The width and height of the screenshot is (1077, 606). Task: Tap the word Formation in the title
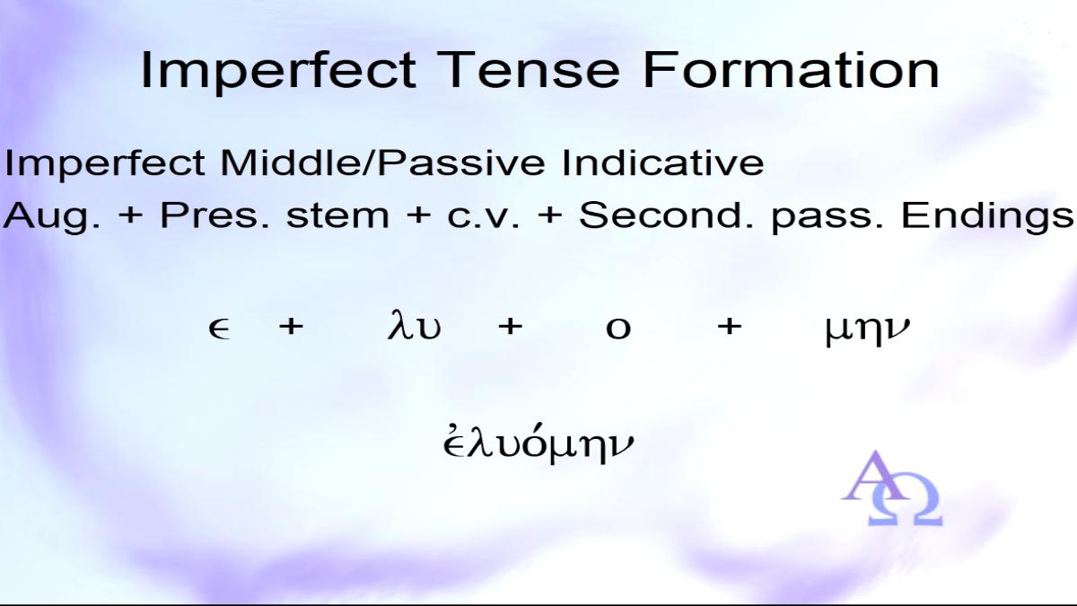pyautogui.click(x=791, y=70)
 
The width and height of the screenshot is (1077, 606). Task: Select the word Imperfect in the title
pyautogui.click(x=278, y=73)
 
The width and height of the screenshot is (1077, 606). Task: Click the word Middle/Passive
pyautogui.click(x=382, y=163)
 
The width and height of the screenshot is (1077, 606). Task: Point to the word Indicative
pyautogui.click(x=662, y=162)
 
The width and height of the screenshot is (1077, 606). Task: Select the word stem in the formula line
pyautogui.click(x=337, y=216)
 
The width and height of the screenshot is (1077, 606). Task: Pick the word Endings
pyautogui.click(x=987, y=217)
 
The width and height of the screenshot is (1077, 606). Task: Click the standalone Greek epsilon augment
pyautogui.click(x=219, y=329)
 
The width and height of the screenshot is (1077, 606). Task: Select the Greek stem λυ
pyautogui.click(x=414, y=326)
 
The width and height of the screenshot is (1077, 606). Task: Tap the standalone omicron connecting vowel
pyautogui.click(x=618, y=329)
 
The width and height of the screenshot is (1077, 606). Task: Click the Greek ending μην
pyautogui.click(x=867, y=331)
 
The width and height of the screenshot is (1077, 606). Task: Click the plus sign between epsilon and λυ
pyautogui.click(x=292, y=327)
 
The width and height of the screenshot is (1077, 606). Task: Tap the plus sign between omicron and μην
pyautogui.click(x=730, y=327)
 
